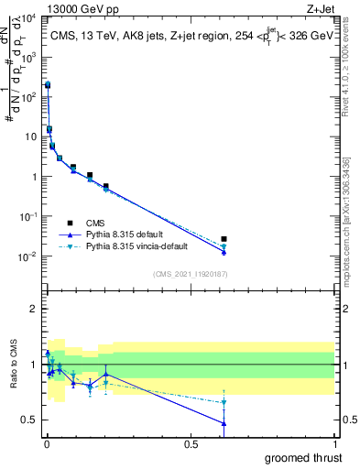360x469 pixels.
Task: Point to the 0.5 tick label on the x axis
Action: tap(191, 444)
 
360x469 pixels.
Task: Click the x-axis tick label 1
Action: tap(335, 444)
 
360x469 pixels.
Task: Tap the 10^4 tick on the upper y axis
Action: tap(28, 18)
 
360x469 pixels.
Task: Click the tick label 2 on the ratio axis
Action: tap(36, 309)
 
